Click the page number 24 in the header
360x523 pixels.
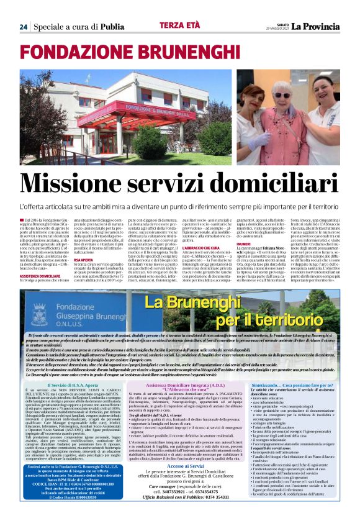click(23, 27)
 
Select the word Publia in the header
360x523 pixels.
click(112, 27)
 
